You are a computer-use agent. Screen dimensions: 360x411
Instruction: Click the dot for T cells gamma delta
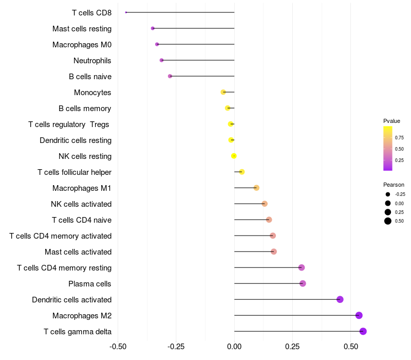click(x=363, y=331)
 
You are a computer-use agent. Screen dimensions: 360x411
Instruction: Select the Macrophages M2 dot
click(x=359, y=315)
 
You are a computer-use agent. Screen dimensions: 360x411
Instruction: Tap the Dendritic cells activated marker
click(x=340, y=299)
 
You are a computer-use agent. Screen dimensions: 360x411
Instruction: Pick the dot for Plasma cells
click(x=303, y=283)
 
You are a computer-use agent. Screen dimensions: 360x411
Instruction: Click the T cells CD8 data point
click(x=126, y=12)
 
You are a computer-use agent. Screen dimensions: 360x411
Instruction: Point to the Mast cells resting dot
click(x=153, y=28)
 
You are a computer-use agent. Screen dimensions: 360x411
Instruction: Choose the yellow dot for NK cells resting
click(x=234, y=156)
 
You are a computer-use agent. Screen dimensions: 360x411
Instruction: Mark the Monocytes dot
click(x=223, y=92)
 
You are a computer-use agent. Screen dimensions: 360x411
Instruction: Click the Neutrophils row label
click(x=92, y=61)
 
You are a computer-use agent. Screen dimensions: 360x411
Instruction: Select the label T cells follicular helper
click(x=74, y=172)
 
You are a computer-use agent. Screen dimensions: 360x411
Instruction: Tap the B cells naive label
click(x=90, y=77)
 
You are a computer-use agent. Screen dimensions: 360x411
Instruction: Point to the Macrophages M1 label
click(x=82, y=188)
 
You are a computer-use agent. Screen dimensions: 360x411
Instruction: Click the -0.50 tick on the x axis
click(x=118, y=347)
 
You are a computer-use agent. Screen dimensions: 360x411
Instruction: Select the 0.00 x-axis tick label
click(x=234, y=347)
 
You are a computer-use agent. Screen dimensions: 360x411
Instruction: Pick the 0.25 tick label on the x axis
click(x=292, y=347)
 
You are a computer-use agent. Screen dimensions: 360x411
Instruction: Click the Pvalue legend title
click(x=391, y=121)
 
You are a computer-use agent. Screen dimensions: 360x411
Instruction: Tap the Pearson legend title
click(x=394, y=185)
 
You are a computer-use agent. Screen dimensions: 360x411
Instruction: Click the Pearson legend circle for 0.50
click(x=388, y=221)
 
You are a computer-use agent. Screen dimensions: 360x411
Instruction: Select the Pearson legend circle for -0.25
click(x=388, y=194)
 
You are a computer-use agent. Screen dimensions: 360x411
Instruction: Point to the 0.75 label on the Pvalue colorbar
click(x=399, y=138)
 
